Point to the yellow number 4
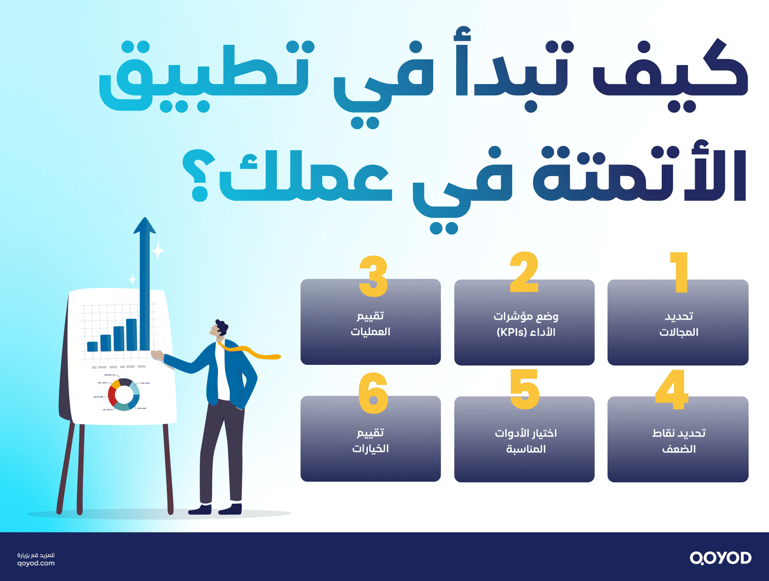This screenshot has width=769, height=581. [671, 390]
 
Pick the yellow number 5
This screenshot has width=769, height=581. [524, 390]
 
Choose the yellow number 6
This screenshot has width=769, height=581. [373, 393]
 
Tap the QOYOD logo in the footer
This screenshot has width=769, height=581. [720, 558]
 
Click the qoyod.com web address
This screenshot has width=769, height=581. [36, 563]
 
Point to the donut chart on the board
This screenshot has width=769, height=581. [123, 395]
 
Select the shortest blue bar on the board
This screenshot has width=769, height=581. [92, 346]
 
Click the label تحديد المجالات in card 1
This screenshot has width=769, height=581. [679, 324]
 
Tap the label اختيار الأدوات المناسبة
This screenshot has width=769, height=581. [526, 441]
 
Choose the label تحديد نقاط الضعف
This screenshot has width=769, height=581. [679, 441]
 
